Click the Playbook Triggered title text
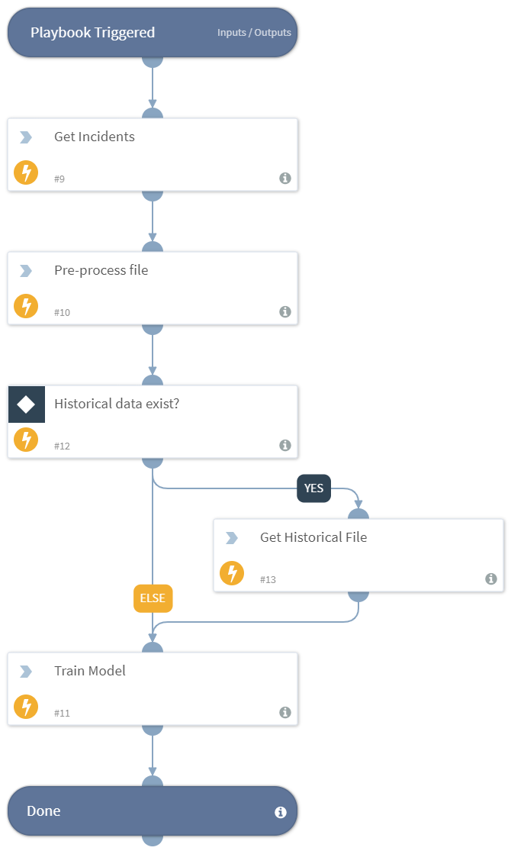click(92, 33)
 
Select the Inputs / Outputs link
click(254, 33)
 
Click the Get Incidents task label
click(94, 137)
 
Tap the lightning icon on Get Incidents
click(26, 173)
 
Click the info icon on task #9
click(285, 178)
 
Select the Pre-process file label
click(101, 270)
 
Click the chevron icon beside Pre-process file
click(26, 271)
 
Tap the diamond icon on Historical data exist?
click(27, 404)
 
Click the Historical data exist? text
click(116, 404)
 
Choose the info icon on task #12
click(285, 445)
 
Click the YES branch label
click(313, 488)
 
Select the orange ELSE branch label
click(153, 598)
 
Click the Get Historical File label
click(313, 537)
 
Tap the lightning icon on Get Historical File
click(232, 573)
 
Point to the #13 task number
click(268, 579)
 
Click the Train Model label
click(89, 671)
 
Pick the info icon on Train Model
click(285, 712)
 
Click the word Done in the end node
click(43, 811)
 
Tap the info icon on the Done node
click(280, 812)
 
